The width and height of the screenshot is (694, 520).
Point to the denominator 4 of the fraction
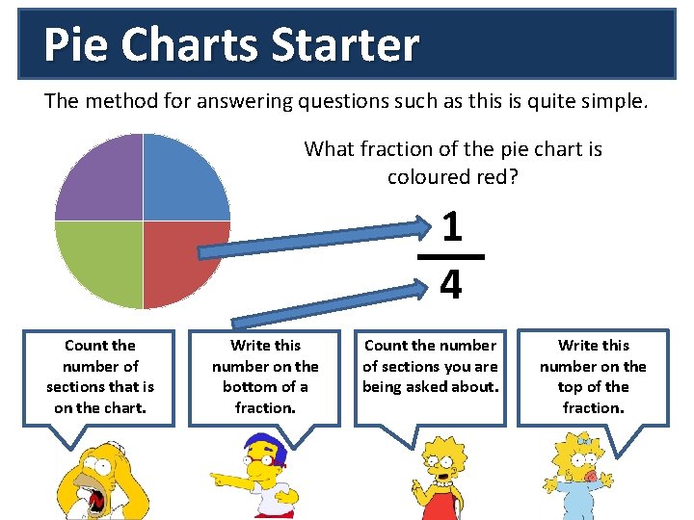click(450, 284)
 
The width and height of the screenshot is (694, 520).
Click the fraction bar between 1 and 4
click(450, 257)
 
